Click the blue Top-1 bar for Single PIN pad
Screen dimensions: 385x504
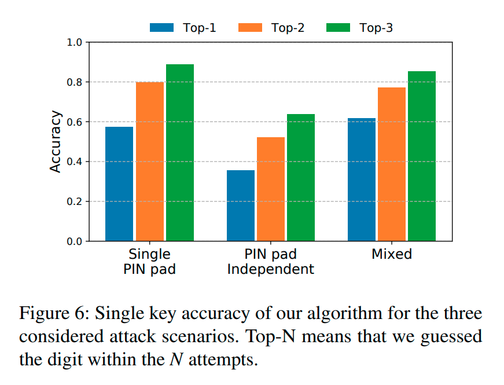pyautogui.click(x=119, y=184)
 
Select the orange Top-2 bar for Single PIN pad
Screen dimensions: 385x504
pyautogui.click(x=150, y=162)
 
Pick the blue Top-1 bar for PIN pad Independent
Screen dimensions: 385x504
pyautogui.click(x=241, y=206)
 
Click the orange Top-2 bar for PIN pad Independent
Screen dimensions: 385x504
pyautogui.click(x=271, y=189)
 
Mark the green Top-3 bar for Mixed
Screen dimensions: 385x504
pyautogui.click(x=422, y=156)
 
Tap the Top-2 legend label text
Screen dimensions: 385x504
pyautogui.click(x=288, y=27)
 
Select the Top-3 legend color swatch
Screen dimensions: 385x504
pyautogui.click(x=339, y=27)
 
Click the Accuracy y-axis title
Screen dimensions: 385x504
pyautogui.click(x=55, y=142)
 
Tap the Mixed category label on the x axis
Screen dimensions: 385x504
pyautogui.click(x=392, y=254)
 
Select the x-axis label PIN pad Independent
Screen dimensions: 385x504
pyautogui.click(x=271, y=262)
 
